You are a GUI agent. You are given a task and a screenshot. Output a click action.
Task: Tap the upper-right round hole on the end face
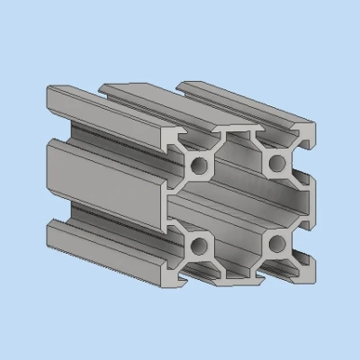pos(276,162)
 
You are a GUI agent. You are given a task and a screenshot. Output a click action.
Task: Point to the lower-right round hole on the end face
pos(276,241)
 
